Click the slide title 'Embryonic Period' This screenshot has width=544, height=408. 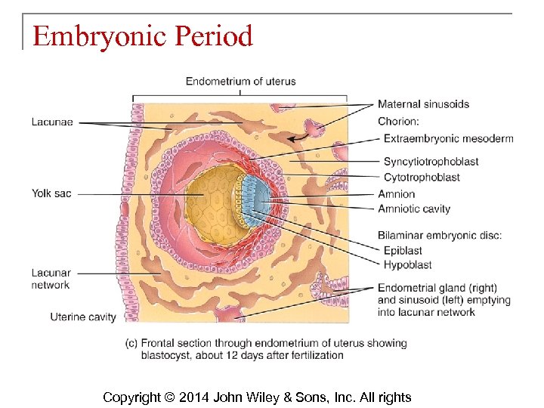142,36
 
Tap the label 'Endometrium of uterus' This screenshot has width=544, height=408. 240,81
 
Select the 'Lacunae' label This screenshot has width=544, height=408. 51,122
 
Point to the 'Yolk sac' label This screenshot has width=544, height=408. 51,193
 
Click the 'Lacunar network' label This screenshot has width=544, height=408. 51,279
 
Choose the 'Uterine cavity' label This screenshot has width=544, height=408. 83,317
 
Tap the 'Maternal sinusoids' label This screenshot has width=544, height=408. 423,104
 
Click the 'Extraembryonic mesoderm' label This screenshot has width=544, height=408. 448,138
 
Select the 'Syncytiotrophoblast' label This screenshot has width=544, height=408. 431,161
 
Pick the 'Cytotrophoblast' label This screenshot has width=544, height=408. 422,177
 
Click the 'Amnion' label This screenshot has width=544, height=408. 397,194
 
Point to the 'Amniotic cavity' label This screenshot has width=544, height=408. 414,209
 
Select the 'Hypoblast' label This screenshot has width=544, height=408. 408,264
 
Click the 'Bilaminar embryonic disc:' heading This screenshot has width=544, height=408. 440,235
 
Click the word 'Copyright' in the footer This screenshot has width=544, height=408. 131,397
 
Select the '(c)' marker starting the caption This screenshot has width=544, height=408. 132,343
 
